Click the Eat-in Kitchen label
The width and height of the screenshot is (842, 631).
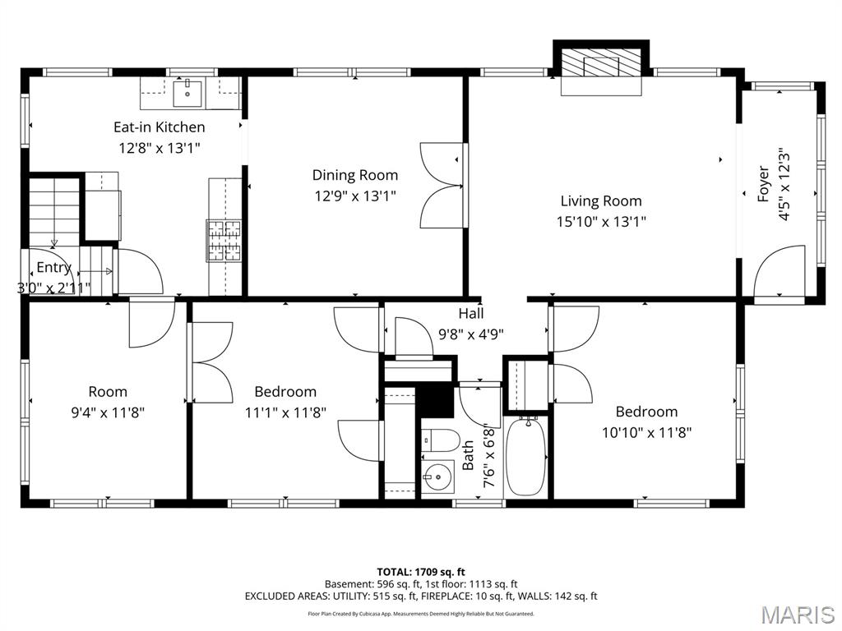159,127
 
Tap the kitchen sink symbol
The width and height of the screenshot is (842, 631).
188,92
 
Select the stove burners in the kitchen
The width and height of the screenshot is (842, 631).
224,241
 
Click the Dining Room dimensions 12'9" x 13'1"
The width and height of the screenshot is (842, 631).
354,196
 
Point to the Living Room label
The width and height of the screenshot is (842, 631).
601,200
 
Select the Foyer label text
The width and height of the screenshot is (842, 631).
764,184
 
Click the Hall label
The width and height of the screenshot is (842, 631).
471,313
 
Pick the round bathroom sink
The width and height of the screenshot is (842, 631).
437,476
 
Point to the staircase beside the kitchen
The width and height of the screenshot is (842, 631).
53,211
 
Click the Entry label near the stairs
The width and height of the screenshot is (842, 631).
53,268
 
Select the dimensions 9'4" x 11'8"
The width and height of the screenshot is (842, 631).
108,412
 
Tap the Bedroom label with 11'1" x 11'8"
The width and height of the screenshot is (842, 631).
285,392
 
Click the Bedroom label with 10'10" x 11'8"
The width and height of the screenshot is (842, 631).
646,412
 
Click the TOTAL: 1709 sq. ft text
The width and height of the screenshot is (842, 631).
420,571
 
